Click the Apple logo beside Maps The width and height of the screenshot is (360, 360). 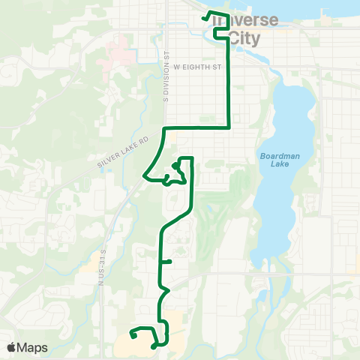coord(12,347)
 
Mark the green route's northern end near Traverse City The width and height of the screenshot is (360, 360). coord(204,17)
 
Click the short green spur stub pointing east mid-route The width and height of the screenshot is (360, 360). coord(171,262)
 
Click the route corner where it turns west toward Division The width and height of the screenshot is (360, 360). coord(228,128)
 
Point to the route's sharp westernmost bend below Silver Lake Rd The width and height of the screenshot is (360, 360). coord(144,175)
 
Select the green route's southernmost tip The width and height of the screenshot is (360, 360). coord(153,346)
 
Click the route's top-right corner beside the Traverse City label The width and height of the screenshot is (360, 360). coord(228,14)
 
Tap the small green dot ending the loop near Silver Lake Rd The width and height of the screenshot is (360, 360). coord(174,164)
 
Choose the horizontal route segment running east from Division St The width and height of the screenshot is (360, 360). coord(195,128)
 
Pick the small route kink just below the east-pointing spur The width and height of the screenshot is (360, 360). coord(166,289)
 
